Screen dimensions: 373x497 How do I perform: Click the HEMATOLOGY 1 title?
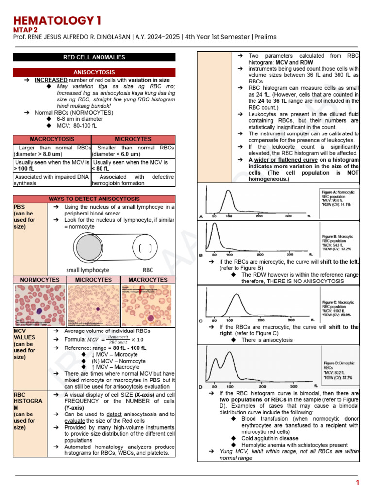pyautogui.click(x=58, y=20)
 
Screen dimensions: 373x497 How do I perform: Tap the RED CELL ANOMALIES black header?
pyautogui.click(x=94, y=57)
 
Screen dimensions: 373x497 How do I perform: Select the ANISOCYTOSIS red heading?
pyautogui.click(x=94, y=73)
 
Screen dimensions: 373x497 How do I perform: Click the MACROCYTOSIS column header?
pyautogui.click(x=52, y=139)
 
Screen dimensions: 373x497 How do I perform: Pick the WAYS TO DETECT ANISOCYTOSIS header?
pyautogui.click(x=94, y=199)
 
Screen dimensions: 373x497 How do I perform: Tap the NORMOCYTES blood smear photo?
pyautogui.click(x=40, y=305)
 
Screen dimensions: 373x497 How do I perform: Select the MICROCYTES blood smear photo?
pyautogui.click(x=94, y=305)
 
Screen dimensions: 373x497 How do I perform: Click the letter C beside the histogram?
pyautogui.click(x=201, y=321)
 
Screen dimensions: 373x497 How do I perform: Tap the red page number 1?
pyautogui.click(x=357, y=482)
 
